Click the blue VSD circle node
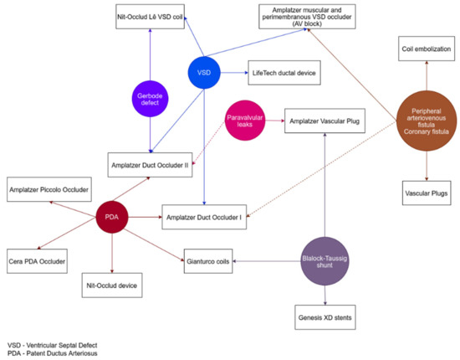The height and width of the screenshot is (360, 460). [x=203, y=72]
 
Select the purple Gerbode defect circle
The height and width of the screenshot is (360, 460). [x=149, y=98]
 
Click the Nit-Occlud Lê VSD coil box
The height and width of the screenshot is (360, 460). [x=150, y=16]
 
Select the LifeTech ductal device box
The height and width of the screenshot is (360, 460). [x=284, y=72]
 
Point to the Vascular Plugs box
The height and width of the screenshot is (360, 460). [x=426, y=194]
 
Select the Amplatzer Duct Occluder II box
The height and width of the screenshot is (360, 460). [x=150, y=165]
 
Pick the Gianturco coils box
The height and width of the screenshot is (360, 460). [x=207, y=262]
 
